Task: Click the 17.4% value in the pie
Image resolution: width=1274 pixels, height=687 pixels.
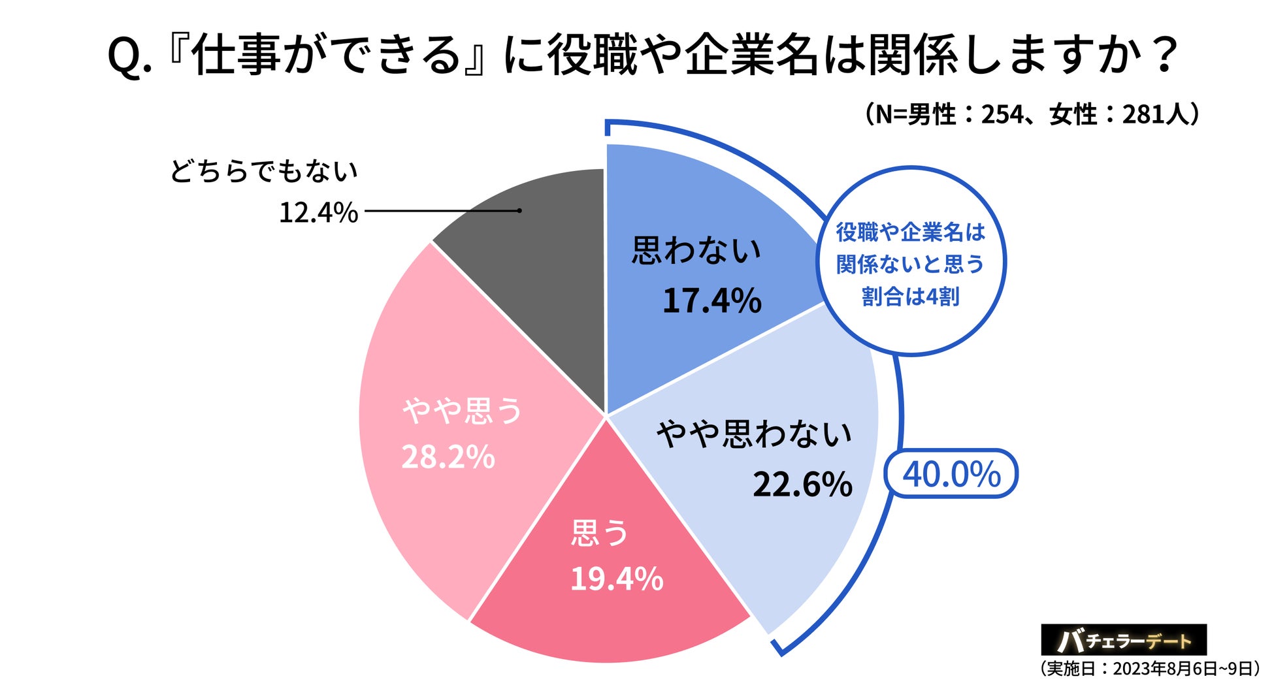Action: click(x=711, y=301)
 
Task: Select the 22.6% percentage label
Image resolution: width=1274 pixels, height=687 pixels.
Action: click(x=802, y=485)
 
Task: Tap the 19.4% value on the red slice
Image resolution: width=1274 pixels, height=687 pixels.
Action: click(x=616, y=579)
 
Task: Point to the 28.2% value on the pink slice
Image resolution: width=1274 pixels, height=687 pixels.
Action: click(x=448, y=457)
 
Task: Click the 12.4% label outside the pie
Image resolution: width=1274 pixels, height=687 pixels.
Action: click(x=318, y=213)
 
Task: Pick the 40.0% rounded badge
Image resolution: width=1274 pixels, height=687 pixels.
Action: click(x=951, y=474)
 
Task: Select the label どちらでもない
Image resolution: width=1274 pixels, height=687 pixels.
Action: click(x=264, y=171)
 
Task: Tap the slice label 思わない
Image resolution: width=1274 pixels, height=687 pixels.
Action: click(x=696, y=251)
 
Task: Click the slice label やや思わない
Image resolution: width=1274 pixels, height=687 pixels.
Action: click(x=754, y=434)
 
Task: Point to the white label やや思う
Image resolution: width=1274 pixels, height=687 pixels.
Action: click(x=463, y=411)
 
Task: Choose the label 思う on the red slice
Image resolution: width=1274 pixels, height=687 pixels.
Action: click(x=600, y=533)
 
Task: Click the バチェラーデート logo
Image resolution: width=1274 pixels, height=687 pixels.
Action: click(x=1123, y=641)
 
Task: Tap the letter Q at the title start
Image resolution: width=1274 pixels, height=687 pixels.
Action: click(x=124, y=56)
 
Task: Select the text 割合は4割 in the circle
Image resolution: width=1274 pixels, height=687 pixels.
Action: click(x=910, y=296)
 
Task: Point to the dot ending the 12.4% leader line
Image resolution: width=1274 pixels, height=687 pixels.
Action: click(x=519, y=210)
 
